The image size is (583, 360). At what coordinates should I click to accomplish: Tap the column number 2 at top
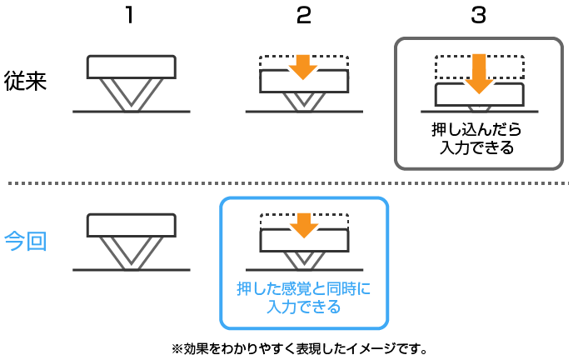pyautogui.click(x=303, y=17)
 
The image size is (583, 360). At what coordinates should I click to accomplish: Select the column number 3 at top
pyautogui.click(x=478, y=17)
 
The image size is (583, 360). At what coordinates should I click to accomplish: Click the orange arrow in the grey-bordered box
pyautogui.click(x=479, y=74)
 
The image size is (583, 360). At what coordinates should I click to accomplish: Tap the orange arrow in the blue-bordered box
pyautogui.click(x=303, y=225)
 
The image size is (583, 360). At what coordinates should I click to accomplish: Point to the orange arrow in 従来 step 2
pyautogui.click(x=303, y=67)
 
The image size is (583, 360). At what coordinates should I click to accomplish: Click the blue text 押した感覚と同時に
pyautogui.click(x=303, y=289)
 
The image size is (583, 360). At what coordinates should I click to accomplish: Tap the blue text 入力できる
pyautogui.click(x=303, y=307)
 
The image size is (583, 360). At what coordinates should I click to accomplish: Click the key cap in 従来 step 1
pyautogui.click(x=132, y=67)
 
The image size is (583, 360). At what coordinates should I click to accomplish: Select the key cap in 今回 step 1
pyautogui.click(x=132, y=225)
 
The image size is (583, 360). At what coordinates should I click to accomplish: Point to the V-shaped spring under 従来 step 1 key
pyautogui.click(x=132, y=95)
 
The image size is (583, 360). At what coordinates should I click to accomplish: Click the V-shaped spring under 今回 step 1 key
pyautogui.click(x=132, y=253)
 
